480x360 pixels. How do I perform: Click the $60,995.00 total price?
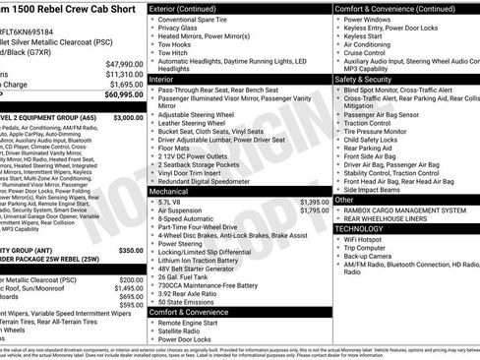coord(122,94)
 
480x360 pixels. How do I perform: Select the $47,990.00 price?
coord(124,63)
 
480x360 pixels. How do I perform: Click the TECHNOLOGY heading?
coord(369,224)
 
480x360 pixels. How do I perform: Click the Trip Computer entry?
coord(373,247)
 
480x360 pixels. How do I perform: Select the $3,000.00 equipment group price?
coord(124,117)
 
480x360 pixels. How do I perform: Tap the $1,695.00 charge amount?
coord(124,84)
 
